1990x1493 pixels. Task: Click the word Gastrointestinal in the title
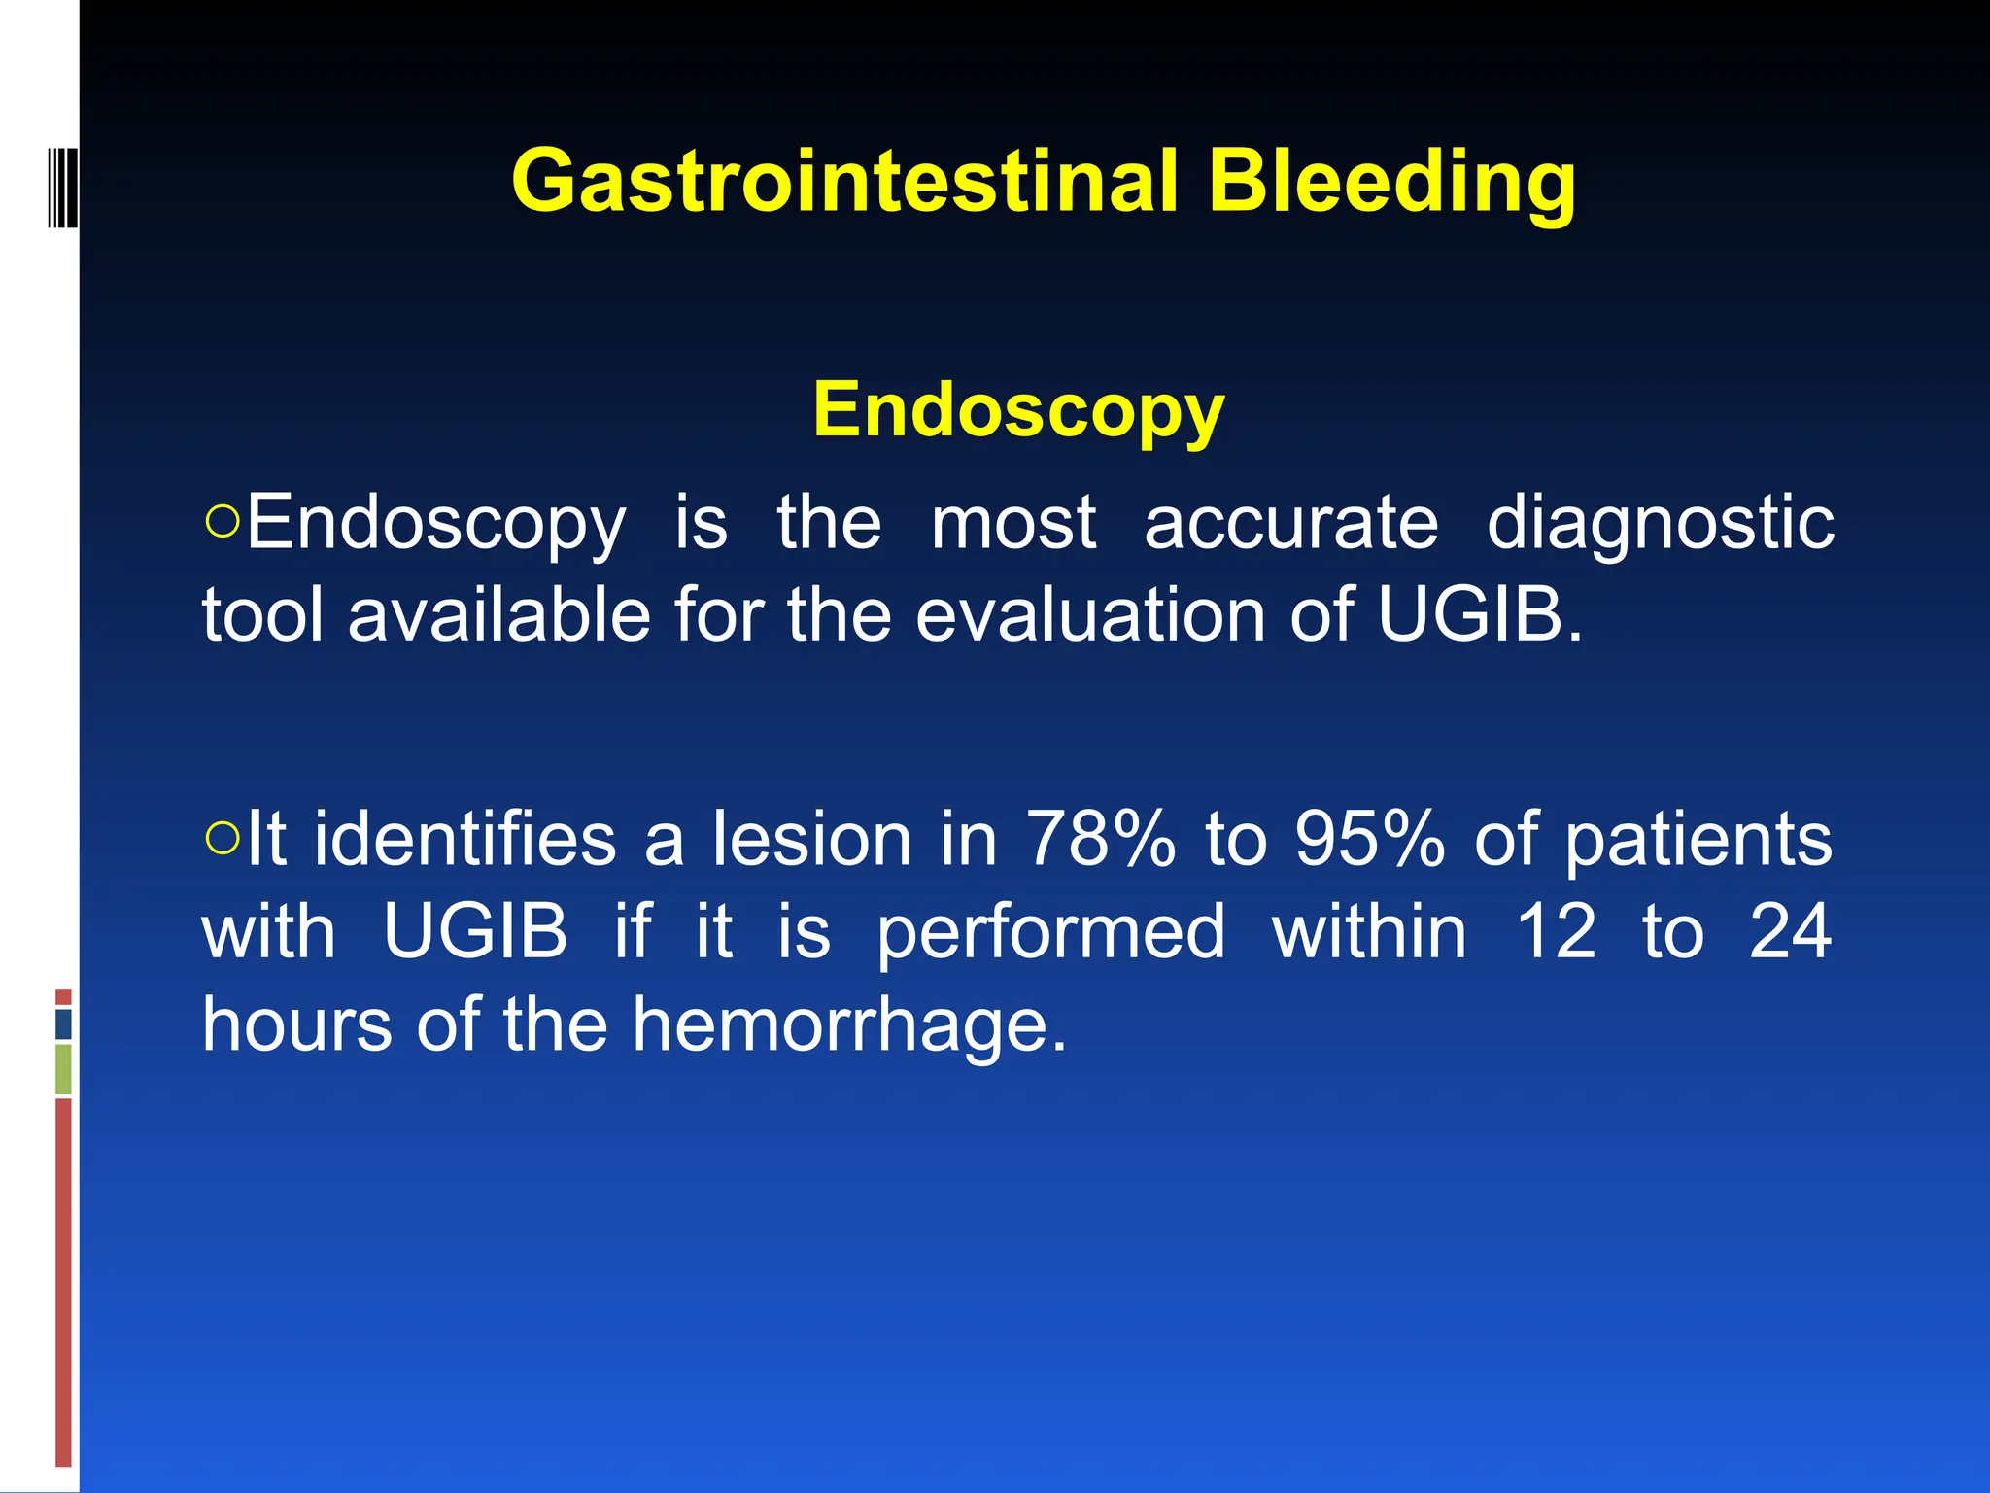coord(844,181)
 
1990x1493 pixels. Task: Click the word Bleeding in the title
coord(1391,181)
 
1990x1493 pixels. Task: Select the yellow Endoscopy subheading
coord(1018,410)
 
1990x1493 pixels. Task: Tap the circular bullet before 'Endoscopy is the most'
coord(223,522)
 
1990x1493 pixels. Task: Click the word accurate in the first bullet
coord(1290,523)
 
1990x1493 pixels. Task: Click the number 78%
coord(1101,839)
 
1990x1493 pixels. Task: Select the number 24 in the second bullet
coord(1790,931)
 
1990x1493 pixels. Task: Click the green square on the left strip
coord(63,1068)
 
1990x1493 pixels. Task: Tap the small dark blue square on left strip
coord(63,1024)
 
